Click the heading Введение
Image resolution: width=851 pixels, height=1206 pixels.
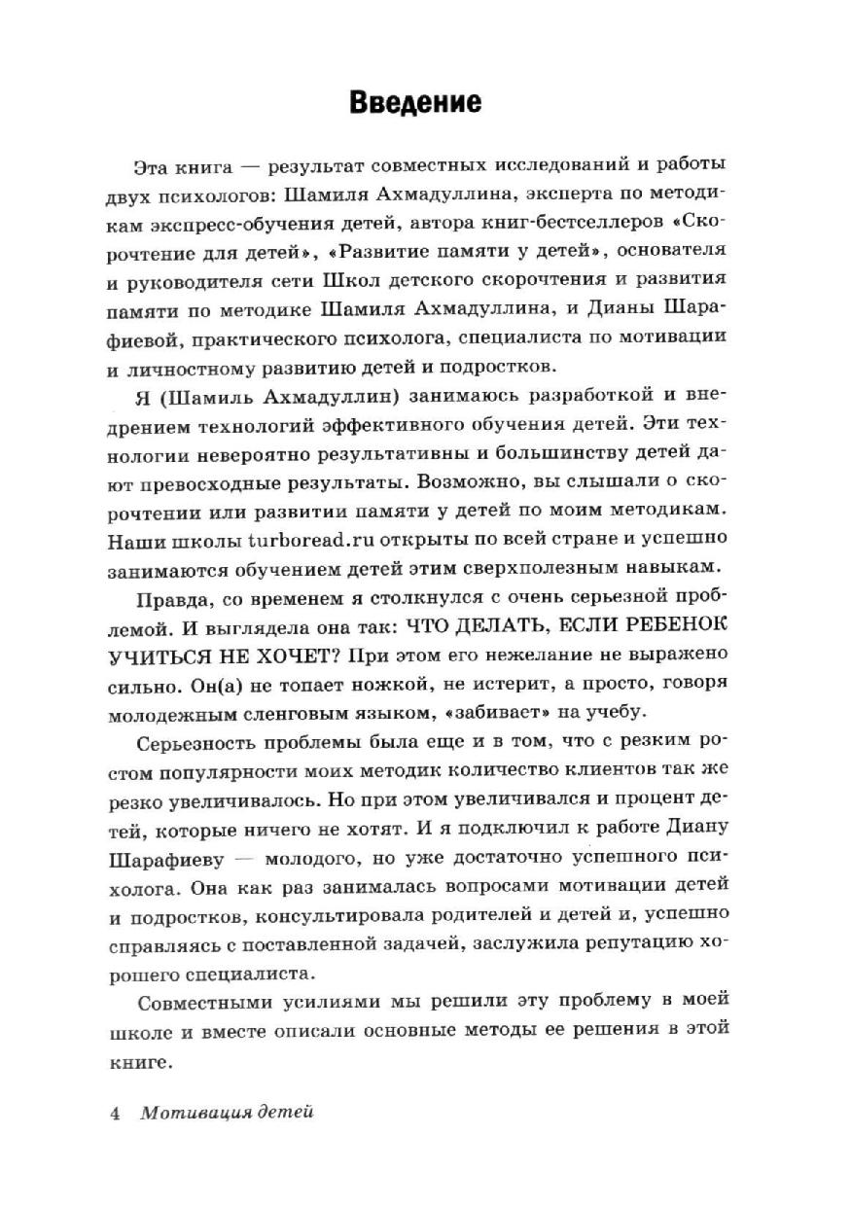414,102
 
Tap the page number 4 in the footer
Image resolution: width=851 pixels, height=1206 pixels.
115,1114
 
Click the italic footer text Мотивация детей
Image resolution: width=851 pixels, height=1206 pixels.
227,1114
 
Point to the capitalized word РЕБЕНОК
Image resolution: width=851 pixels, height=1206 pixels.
677,621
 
